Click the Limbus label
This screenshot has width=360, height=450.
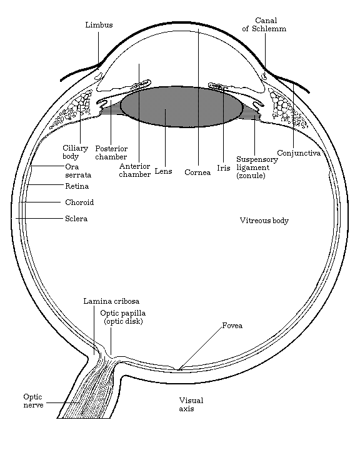(99, 25)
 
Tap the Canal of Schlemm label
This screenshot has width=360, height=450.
(264, 24)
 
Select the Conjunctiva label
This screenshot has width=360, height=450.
(299, 153)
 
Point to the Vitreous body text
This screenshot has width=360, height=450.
(264, 221)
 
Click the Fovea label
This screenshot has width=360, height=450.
(232, 326)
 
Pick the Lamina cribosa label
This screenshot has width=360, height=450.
(111, 301)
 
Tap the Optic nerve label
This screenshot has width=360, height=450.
(33, 401)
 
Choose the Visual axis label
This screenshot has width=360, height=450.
(191, 404)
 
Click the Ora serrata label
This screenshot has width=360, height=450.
(78, 171)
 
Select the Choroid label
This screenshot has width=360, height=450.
(79, 202)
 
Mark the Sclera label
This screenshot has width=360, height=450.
(76, 219)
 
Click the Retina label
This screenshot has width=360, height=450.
(77, 186)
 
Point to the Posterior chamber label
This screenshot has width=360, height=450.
(111, 152)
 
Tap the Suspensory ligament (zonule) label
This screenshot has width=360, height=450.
(257, 167)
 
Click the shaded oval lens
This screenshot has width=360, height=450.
(181, 106)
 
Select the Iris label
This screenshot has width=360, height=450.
(224, 168)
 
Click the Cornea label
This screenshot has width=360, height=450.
(197, 172)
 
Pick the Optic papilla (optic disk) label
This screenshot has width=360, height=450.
(123, 317)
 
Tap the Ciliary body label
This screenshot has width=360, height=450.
(75, 152)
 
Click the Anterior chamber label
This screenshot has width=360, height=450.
(134, 170)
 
